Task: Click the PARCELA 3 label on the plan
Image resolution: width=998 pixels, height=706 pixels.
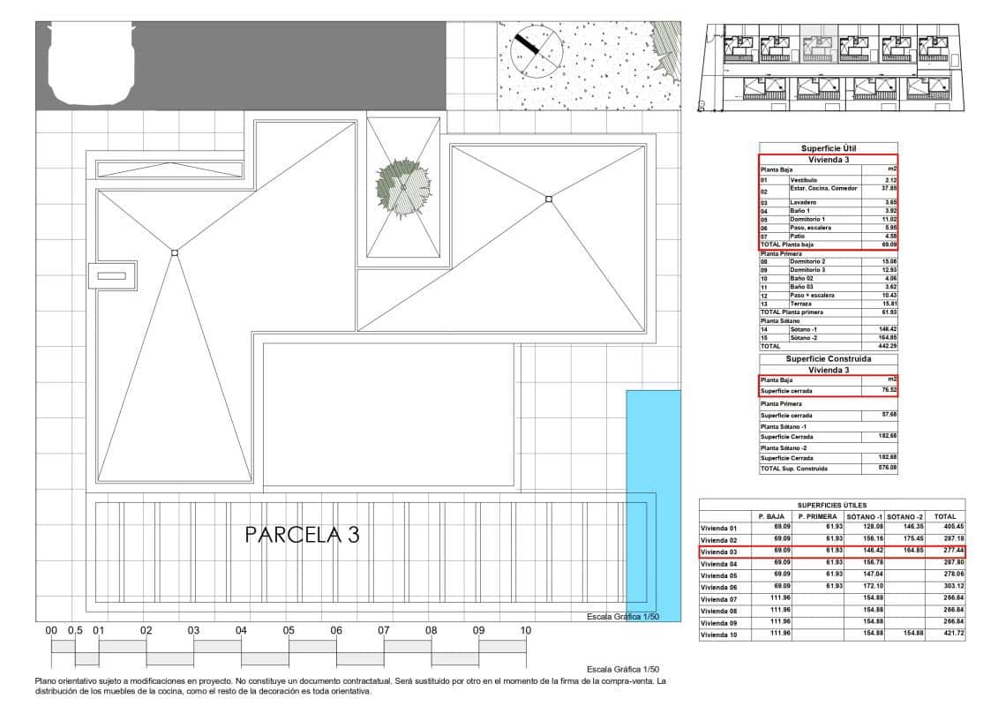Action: pos(302,535)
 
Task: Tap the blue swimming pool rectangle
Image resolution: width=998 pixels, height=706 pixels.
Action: pos(653,505)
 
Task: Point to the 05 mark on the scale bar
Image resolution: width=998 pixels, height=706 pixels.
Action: pos(289,631)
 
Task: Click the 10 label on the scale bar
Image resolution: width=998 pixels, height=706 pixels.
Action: pos(525,631)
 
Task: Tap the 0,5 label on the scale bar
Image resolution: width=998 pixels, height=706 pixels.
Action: pos(75,631)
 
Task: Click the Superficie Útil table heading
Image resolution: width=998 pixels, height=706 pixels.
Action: pos(829,148)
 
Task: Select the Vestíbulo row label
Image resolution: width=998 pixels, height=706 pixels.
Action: pos(803,180)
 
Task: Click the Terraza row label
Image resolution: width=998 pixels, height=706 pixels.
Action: pos(802,304)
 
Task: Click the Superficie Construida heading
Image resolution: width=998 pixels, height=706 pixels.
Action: pos(829,359)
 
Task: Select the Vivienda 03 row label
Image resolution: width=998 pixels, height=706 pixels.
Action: pos(718,552)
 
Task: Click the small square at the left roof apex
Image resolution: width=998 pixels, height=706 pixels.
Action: pos(175,253)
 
